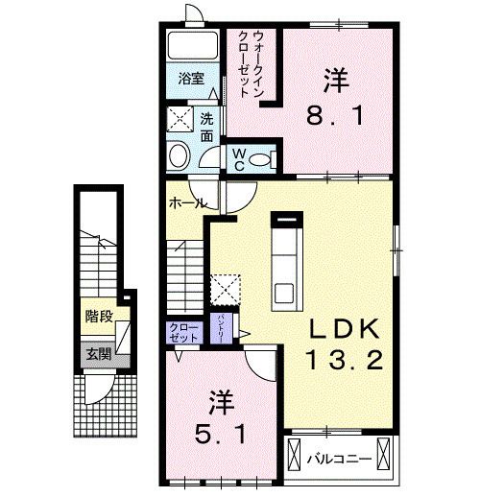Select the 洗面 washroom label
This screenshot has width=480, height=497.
pos(207,128)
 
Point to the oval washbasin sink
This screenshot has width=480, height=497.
pos(179,156)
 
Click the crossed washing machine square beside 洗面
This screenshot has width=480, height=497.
pos(180,121)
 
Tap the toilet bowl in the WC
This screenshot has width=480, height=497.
pos(268,157)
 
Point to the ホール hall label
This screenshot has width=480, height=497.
pos(186,203)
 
